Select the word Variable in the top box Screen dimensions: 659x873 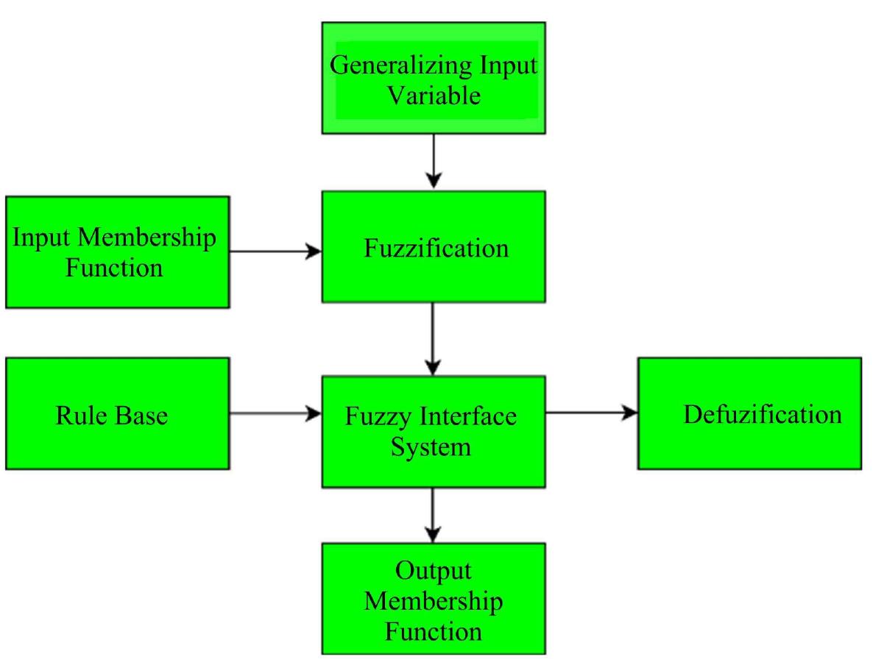pyautogui.click(x=434, y=95)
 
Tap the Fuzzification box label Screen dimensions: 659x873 pyautogui.click(x=436, y=248)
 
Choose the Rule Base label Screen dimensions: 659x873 pyautogui.click(x=112, y=416)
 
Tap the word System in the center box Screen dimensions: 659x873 pyautogui.click(x=431, y=446)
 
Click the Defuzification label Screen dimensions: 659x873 pyautogui.click(x=762, y=414)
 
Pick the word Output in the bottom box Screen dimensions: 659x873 pyautogui.click(x=434, y=571)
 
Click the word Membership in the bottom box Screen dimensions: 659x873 pyautogui.click(x=434, y=601)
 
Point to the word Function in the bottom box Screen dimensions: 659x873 pyautogui.click(x=434, y=631)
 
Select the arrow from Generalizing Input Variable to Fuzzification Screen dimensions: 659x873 pyautogui.click(x=434, y=162)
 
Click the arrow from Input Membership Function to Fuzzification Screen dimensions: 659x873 pyautogui.click(x=275, y=252)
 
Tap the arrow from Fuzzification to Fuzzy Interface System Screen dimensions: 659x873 pyautogui.click(x=434, y=338)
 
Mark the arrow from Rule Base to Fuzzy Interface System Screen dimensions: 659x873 pyautogui.click(x=275, y=414)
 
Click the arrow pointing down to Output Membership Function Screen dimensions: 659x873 pyautogui.click(x=434, y=514)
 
